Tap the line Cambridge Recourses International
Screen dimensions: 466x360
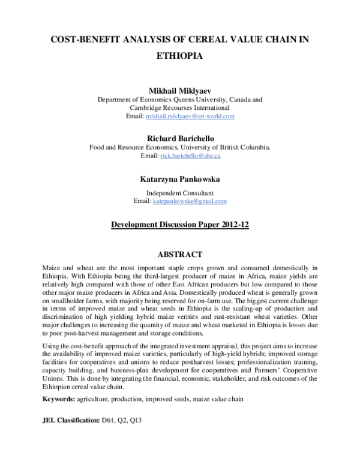(x=180, y=107)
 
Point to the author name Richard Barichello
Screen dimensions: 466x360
(x=180, y=138)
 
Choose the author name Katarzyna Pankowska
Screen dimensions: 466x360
(x=180, y=178)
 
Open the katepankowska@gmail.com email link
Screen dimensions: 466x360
(x=189, y=201)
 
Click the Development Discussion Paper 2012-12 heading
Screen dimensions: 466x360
(x=180, y=225)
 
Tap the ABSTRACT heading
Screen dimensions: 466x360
(x=179, y=255)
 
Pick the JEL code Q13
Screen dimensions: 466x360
(x=142, y=422)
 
